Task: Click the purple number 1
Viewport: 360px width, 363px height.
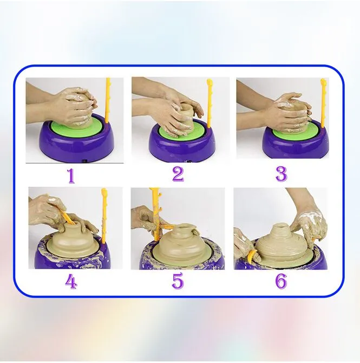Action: pos(71,176)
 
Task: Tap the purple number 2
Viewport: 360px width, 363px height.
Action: pos(178,173)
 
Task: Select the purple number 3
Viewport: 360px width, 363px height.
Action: pos(282,174)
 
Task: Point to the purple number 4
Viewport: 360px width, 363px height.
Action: pos(71,282)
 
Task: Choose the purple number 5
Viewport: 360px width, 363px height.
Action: pos(178,281)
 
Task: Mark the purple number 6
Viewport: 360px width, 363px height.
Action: pos(281,281)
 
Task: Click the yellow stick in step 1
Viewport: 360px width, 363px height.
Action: pos(108,100)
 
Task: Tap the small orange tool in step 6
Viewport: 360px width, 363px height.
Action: pos(251,256)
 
